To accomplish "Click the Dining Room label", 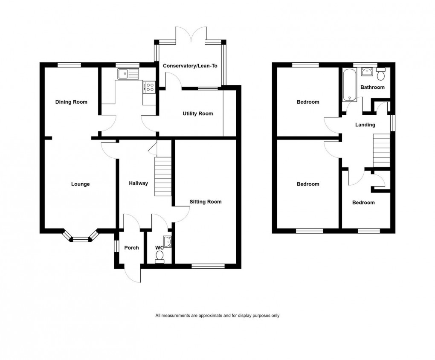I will (71, 102).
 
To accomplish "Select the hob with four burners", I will (150, 87).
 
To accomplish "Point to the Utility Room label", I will (197, 113).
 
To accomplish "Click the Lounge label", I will (80, 184).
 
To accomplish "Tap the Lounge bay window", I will (80, 239).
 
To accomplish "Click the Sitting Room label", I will (206, 202).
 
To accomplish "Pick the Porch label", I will (131, 248).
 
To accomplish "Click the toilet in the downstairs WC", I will (160, 256).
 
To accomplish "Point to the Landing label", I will (365, 125).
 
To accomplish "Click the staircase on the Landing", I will (382, 150).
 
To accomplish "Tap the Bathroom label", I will (372, 87).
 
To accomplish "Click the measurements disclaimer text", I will (217, 316).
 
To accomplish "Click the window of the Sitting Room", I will (208, 266).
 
